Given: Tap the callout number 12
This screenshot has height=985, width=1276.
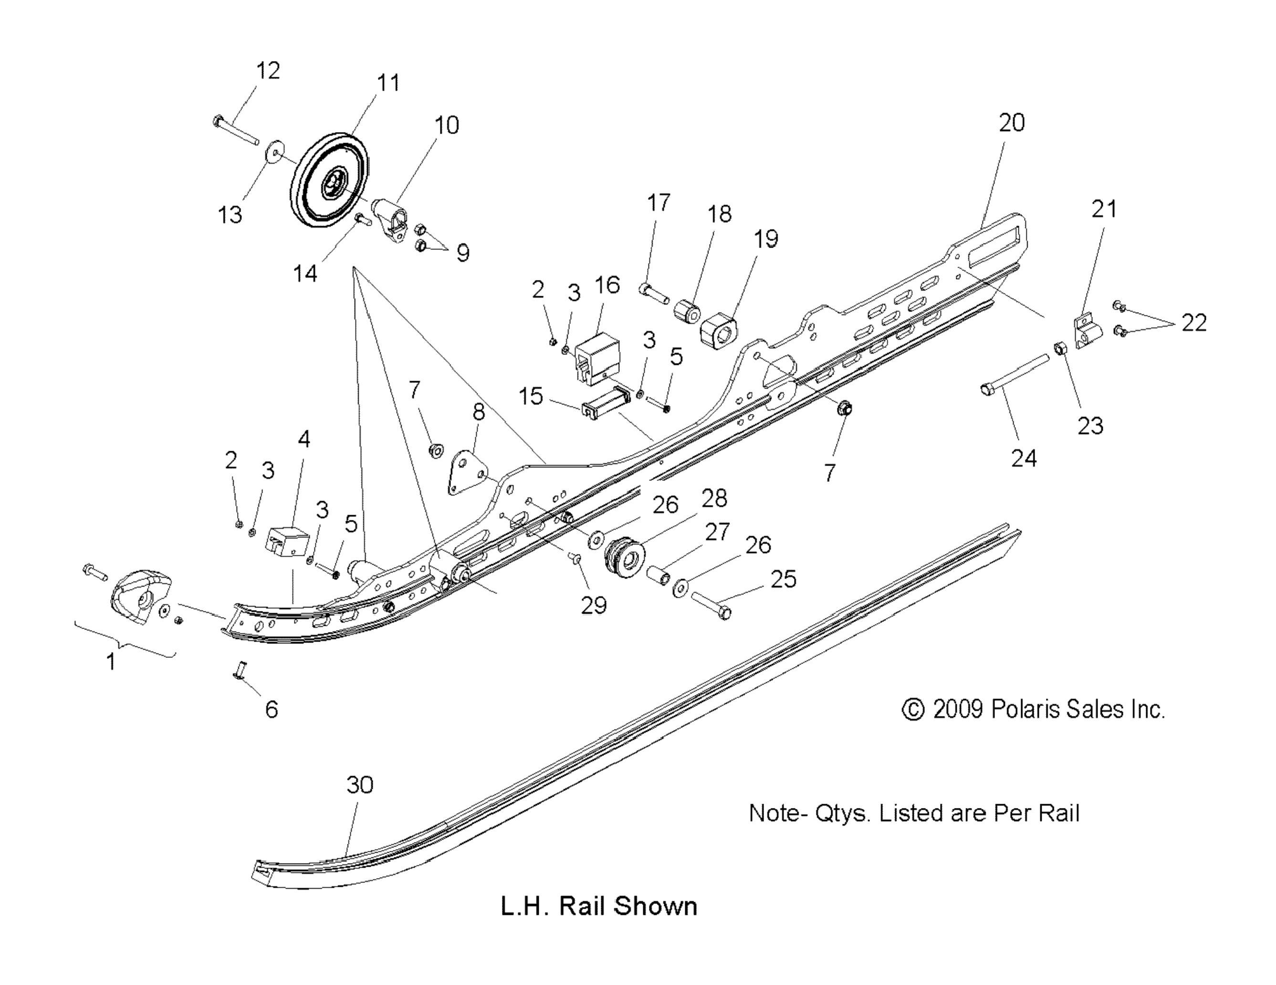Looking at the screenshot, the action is pos(268,71).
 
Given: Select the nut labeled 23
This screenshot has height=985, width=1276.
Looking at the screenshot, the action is pos(1060,349).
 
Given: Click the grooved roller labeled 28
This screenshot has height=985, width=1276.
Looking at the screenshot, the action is pos(623,555).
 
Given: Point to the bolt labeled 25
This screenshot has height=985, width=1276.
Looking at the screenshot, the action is pos(711,604).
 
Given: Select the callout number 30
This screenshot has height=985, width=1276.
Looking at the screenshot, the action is pos(359,785).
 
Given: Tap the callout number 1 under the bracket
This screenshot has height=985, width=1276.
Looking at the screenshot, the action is pos(110,662).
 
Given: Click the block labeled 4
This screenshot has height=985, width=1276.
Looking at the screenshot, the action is pos(287,540).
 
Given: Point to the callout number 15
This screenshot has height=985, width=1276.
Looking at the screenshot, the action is pos(531,396).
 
